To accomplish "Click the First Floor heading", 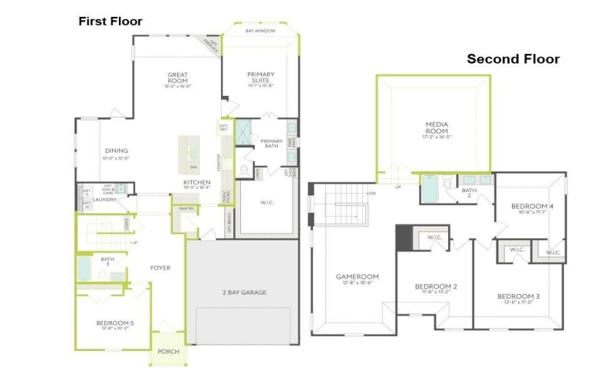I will click(x=111, y=21).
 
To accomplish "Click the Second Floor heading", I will click(x=513, y=59).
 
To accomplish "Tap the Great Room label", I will click(x=177, y=78).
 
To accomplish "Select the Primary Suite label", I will click(x=260, y=78).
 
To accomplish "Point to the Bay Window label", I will click(x=260, y=31).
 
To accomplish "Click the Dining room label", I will click(x=117, y=151).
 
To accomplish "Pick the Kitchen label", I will click(x=196, y=182).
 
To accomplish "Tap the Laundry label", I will click(x=104, y=200).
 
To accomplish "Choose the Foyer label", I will click(x=160, y=268).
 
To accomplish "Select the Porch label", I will click(x=168, y=352).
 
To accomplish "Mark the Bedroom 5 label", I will click(x=115, y=323).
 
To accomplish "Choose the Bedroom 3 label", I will click(x=518, y=296).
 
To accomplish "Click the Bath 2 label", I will click(x=468, y=192).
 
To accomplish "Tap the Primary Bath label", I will click(x=272, y=144).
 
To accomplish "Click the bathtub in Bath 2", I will click(x=430, y=188).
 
